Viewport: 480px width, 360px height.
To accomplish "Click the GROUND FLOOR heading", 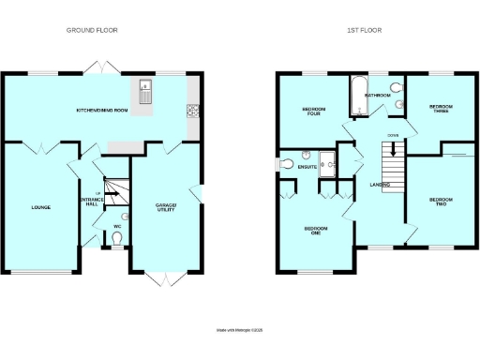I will coord(92,30).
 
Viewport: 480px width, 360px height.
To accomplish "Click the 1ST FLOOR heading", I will coord(364,30).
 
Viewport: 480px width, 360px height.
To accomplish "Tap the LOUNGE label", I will coord(40,207).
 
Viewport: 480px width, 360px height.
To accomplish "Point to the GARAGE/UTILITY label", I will coord(163,206).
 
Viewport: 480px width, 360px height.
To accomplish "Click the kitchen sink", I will coord(146,93).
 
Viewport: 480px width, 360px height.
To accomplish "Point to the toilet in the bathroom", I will coord(397,105).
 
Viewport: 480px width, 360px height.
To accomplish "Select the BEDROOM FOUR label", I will coord(314,112).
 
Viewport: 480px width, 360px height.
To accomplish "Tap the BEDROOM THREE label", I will coord(440,109).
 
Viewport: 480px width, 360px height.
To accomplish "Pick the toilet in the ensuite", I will coord(288,166).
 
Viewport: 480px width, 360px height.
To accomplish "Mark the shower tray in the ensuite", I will coord(327,163).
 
